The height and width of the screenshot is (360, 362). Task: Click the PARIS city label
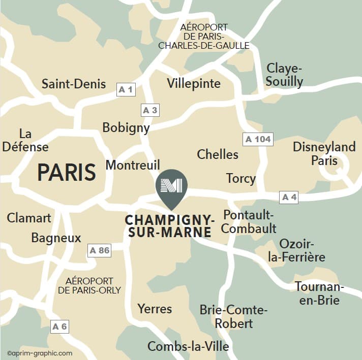(67, 173)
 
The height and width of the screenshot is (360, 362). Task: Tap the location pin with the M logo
(171, 187)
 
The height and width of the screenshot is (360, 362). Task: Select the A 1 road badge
(126, 90)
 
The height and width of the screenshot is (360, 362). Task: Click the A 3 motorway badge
(150, 110)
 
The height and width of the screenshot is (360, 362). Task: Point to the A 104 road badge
(258, 139)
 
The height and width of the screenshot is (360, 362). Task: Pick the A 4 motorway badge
(289, 197)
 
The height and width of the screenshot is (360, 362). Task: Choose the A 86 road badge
(99, 250)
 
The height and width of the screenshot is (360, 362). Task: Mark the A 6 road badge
(59, 326)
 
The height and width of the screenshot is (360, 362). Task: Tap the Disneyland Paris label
(324, 154)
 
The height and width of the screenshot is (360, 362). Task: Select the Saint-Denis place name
(74, 84)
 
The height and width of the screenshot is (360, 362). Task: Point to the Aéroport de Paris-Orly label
(89, 285)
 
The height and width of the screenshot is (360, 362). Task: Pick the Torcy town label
(240, 178)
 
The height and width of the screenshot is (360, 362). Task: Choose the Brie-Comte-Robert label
(233, 316)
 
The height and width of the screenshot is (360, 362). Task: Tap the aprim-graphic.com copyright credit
(40, 353)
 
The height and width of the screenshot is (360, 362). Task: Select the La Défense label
(25, 141)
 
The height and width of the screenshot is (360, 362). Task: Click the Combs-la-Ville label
(188, 346)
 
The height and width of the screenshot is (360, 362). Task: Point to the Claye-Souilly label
(285, 75)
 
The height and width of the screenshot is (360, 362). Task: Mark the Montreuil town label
(133, 165)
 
